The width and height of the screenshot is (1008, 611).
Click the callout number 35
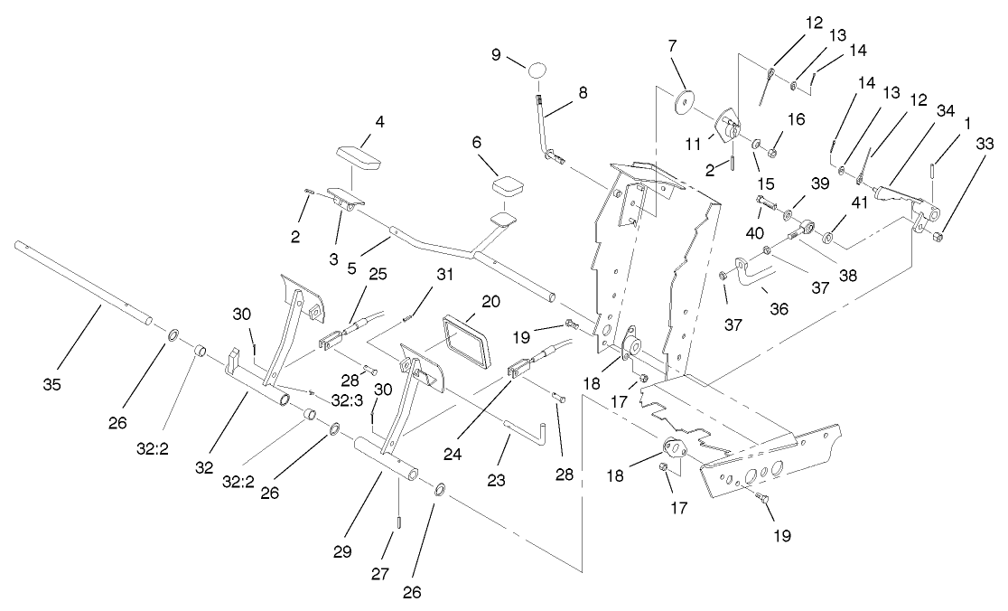click(51, 384)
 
